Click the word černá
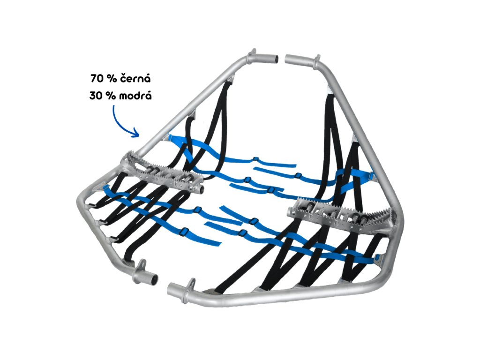[134, 78]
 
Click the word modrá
[134, 95]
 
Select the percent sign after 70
[111, 78]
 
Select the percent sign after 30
[112, 95]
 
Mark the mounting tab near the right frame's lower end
[191, 283]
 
